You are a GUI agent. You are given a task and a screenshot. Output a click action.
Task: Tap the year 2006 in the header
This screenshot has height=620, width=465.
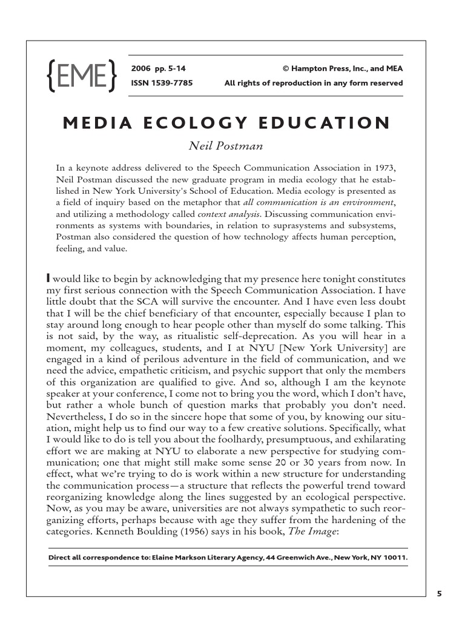tap(140, 68)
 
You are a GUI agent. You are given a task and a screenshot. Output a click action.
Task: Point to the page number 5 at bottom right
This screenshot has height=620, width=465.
tap(440, 594)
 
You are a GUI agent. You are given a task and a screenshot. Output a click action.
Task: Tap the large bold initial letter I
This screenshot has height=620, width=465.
tap(48, 278)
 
